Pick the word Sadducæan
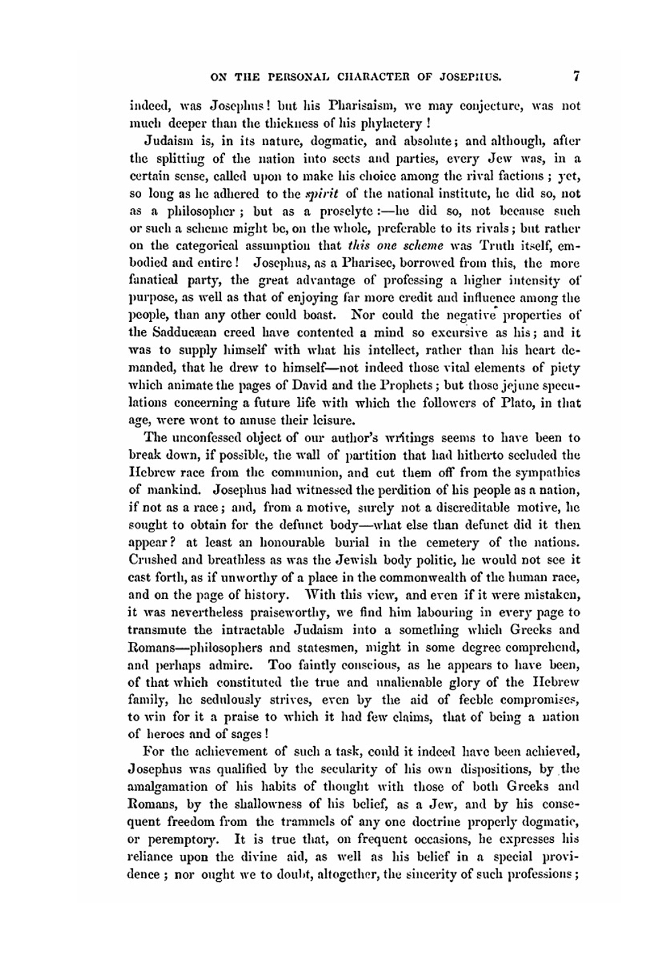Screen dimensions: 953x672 click(x=180, y=333)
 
